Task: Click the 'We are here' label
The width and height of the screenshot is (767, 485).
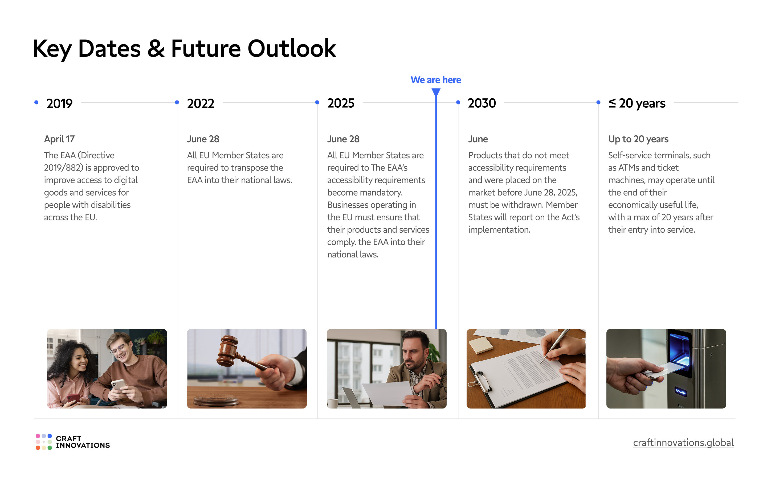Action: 435,80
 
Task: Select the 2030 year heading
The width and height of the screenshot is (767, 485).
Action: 481,103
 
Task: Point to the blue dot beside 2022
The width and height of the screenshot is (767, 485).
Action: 177,102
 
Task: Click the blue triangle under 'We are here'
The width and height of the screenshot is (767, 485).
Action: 436,92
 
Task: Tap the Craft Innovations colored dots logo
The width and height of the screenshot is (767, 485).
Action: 44,442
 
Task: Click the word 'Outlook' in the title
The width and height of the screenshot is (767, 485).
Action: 291,48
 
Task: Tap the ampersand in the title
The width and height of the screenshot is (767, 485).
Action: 156,48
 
